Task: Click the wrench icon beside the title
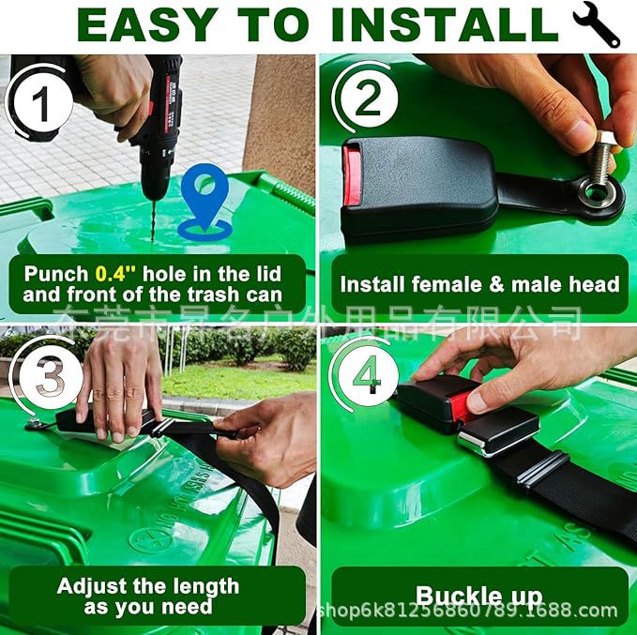[x=597, y=24]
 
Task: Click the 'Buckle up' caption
[x=478, y=595]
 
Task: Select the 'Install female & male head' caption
[x=478, y=284]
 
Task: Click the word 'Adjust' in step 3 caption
[x=92, y=586]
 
